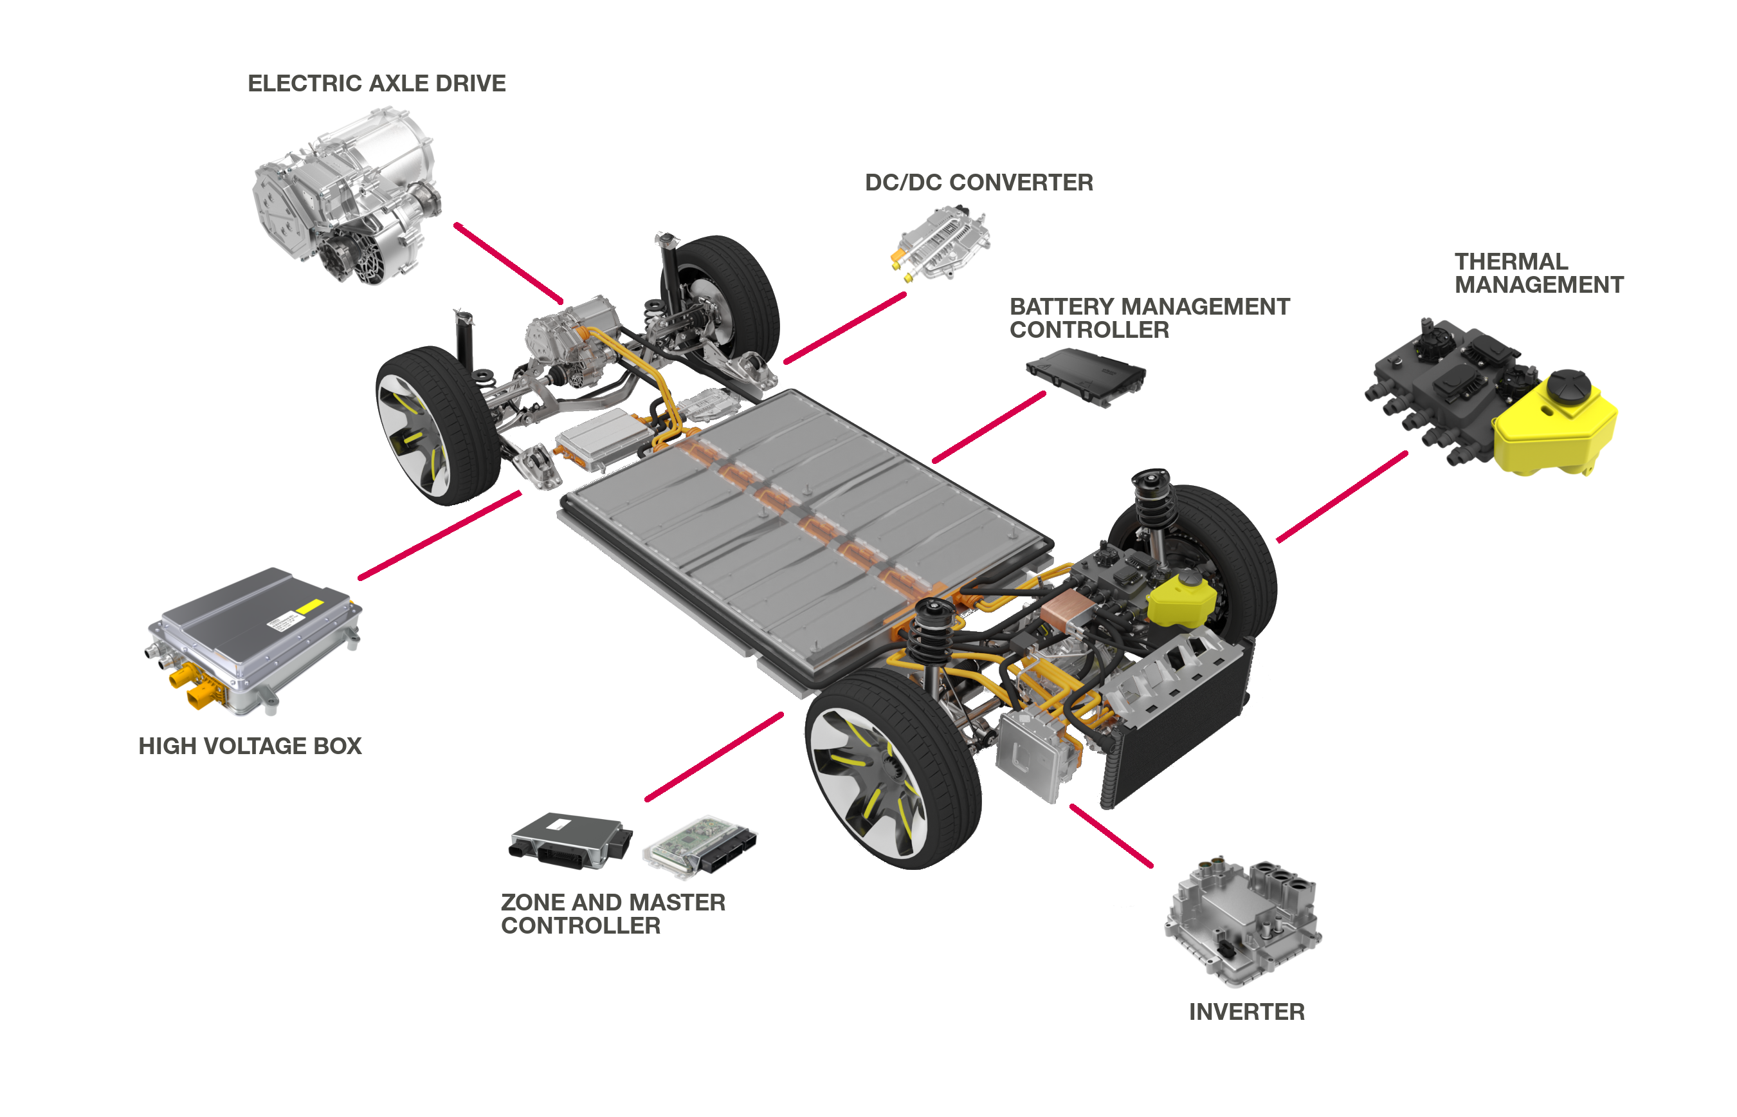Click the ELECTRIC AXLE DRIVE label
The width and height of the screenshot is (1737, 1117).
pos(376,84)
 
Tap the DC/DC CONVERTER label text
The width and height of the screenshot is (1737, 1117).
pos(979,183)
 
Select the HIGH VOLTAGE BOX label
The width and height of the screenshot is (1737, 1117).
pos(250,746)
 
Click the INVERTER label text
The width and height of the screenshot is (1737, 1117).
pos(1246,1013)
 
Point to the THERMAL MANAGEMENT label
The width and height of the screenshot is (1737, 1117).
pos(1538,273)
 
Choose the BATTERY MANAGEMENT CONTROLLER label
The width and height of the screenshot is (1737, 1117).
pos(1149,318)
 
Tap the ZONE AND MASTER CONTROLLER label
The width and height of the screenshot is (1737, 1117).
pos(613,914)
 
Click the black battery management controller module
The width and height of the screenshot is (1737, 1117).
pos(1086,376)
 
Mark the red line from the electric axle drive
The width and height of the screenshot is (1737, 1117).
pos(507,263)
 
